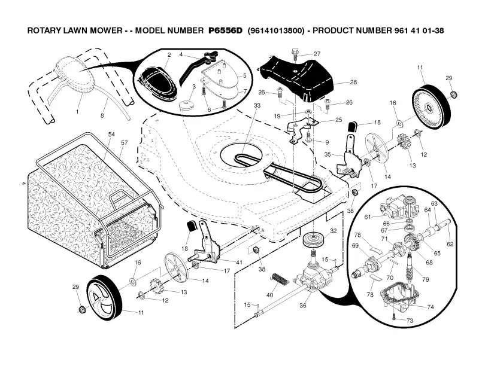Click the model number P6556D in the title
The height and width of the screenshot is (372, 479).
click(226, 31)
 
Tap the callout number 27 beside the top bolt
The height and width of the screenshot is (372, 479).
click(317, 54)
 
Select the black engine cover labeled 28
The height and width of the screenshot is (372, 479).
click(296, 77)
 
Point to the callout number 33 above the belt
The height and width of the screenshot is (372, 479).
click(257, 105)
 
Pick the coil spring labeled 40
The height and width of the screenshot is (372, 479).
click(280, 279)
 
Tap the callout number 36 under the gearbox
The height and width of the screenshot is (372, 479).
click(303, 305)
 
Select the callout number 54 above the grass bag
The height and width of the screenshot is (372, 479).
click(111, 135)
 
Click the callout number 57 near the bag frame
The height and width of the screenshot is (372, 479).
click(124, 142)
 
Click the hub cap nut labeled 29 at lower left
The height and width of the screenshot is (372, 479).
click(81, 310)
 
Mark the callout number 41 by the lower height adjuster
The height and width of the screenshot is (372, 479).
click(239, 262)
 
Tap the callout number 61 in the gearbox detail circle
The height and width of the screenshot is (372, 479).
click(368, 217)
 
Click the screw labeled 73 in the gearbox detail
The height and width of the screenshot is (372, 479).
click(394, 318)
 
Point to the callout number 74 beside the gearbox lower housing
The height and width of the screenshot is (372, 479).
click(431, 307)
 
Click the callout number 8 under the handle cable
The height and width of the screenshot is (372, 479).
click(102, 115)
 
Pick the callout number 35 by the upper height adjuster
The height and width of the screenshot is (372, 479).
click(328, 154)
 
